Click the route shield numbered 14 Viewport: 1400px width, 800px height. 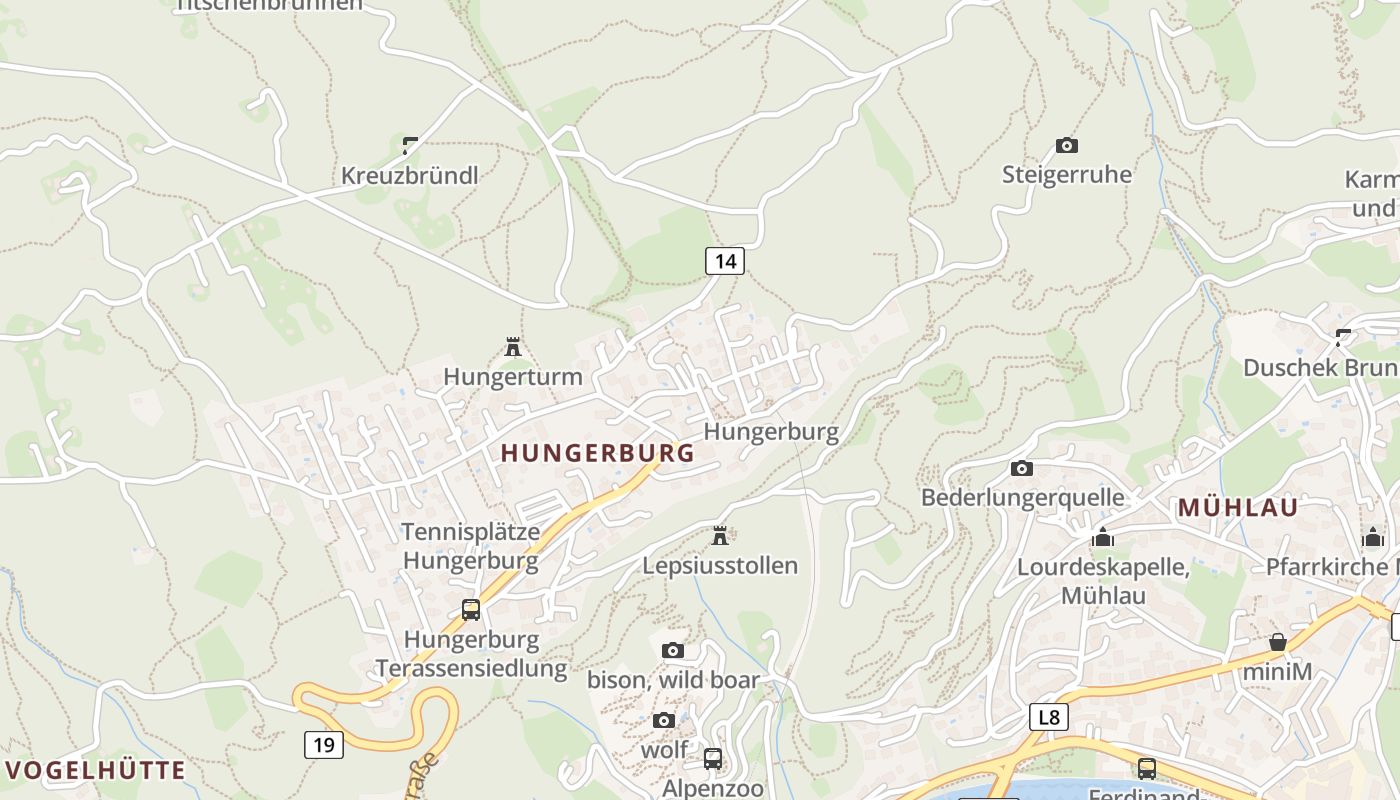725,261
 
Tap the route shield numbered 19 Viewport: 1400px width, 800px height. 323,744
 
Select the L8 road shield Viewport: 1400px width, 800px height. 1048,716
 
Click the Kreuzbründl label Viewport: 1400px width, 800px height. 409,176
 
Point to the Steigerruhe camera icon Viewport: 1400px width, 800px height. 1067,145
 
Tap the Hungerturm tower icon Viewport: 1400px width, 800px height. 513,347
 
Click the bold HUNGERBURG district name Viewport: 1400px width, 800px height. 597,453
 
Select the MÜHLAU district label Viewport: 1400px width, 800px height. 1237,507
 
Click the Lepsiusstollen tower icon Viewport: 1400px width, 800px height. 719,536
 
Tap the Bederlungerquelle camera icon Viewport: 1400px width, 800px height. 1021,468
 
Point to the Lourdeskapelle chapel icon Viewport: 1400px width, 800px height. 1103,538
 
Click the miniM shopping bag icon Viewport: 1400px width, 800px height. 1277,642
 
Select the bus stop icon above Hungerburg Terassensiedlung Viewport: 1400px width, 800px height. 470,609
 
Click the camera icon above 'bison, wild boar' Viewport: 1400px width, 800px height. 672,650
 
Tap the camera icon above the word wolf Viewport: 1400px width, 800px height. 663,720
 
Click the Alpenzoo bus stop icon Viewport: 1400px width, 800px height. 712,758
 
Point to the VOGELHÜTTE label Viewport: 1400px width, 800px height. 96,770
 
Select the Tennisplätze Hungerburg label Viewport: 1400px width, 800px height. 470,546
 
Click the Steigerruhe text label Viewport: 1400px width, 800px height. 1067,175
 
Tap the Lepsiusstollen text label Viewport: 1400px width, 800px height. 720,566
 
